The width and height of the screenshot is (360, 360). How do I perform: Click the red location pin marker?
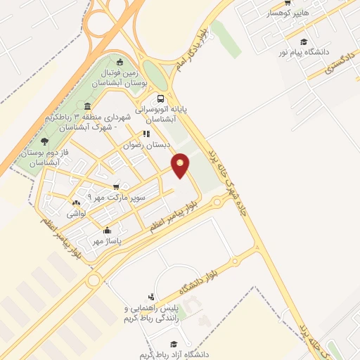(181, 165)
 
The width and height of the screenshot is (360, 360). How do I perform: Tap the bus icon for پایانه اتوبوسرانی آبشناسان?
(161, 99)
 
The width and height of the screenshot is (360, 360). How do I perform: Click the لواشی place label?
(76, 213)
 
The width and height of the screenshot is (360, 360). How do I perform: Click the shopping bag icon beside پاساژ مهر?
(107, 230)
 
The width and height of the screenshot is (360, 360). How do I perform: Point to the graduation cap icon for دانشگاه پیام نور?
(304, 42)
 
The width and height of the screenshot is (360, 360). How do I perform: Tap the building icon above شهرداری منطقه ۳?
(86, 107)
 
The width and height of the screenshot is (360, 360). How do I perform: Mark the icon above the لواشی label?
(76, 203)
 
